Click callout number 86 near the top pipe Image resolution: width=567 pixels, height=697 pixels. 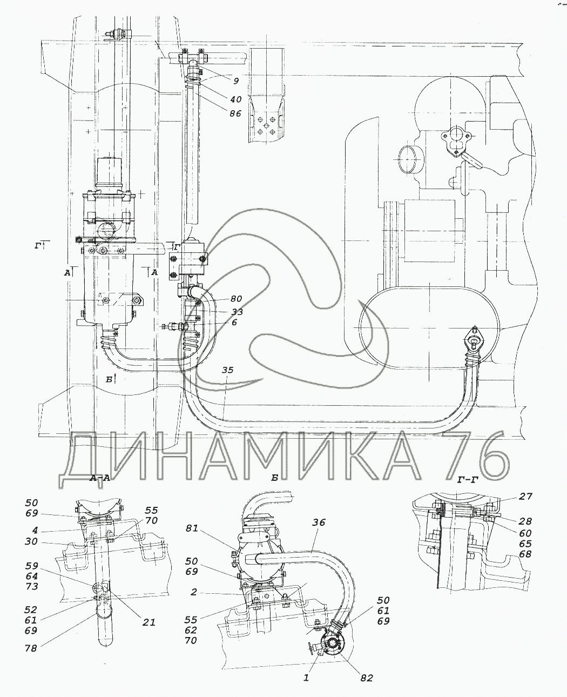pos(235,113)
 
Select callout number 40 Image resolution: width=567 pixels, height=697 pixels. pos(235,99)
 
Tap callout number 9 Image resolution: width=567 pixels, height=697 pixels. pos(237,81)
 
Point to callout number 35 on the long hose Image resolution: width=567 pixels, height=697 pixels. pos(227,370)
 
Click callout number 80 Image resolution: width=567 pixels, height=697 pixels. pos(236,299)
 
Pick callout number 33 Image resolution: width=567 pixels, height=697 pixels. pos(237,312)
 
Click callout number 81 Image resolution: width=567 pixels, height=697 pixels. pos(192,537)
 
